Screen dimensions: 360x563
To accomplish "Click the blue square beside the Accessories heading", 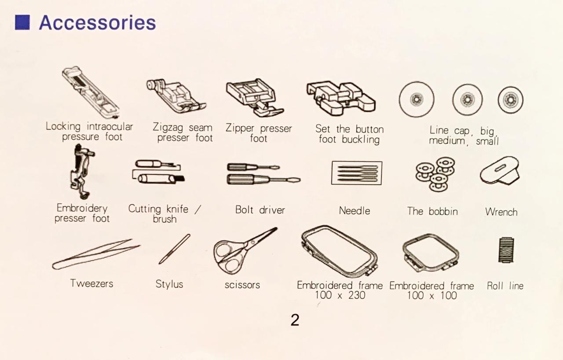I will click(22, 22).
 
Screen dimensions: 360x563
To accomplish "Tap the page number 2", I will click(295, 320).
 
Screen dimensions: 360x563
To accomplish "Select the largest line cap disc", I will click(416, 99).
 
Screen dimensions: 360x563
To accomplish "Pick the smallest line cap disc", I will click(510, 99).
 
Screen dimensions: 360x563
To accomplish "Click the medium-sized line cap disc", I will click(467, 99).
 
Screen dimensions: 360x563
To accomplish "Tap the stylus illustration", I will click(174, 249).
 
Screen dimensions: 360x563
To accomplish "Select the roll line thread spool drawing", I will click(506, 250).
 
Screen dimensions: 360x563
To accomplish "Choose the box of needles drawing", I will click(356, 173).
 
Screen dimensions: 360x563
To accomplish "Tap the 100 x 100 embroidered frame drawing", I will click(431, 253).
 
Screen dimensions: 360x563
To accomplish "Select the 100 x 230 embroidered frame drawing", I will click(339, 250).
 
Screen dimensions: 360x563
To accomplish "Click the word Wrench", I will click(501, 212).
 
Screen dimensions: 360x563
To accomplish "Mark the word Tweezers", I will click(91, 283).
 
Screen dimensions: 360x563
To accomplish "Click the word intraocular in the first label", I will click(110, 127).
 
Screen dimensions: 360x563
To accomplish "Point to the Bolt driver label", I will click(260, 210).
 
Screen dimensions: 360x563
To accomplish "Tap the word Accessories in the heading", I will click(97, 22).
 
